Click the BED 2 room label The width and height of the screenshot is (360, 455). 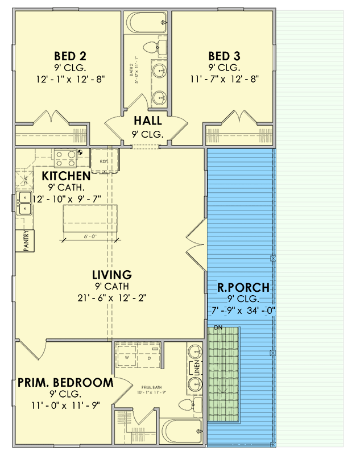pyautogui.click(x=70, y=56)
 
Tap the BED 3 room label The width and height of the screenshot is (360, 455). pyautogui.click(x=225, y=56)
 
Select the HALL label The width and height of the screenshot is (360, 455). pyautogui.click(x=148, y=121)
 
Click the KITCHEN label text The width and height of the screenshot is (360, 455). pyautogui.click(x=66, y=176)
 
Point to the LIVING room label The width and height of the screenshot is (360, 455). pyautogui.click(x=112, y=275)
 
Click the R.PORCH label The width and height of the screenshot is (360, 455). pyautogui.click(x=243, y=288)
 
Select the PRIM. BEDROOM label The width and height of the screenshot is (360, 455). pyautogui.click(x=65, y=382)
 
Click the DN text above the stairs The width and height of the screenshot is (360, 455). pyautogui.click(x=218, y=327)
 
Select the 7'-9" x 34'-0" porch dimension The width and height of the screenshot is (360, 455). pyautogui.click(x=243, y=310)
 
